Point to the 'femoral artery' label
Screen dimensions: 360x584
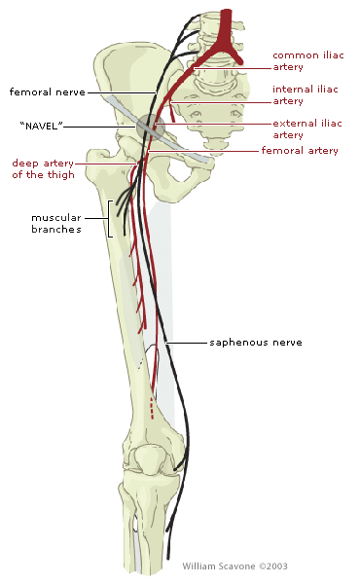point(299,151)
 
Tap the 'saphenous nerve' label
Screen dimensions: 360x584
point(256,343)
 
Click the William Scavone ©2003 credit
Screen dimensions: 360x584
point(234,566)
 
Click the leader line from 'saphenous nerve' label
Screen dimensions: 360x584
point(188,343)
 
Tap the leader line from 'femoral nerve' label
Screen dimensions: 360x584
point(122,92)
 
